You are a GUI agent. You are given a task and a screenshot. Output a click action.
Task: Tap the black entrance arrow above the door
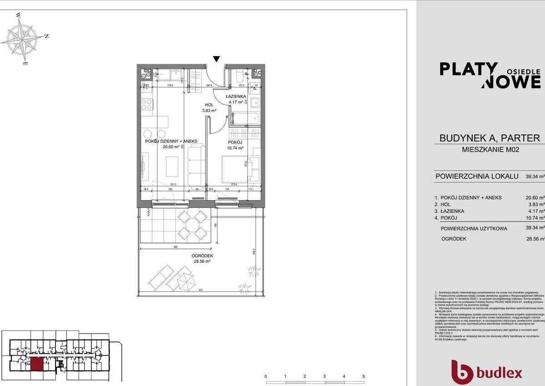pos(217,59)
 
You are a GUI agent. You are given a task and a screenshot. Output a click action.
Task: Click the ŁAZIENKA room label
pos(236,97)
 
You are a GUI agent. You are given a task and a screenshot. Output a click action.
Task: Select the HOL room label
pos(209,105)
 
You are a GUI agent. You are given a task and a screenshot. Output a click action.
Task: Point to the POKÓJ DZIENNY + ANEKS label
pos(171,141)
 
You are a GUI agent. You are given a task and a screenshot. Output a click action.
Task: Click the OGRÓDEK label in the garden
pos(202,256)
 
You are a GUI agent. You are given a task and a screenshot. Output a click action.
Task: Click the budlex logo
pos(486,372)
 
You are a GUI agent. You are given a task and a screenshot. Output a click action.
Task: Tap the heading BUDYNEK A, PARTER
pos(489,138)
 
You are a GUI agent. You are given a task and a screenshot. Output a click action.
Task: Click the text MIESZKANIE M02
pos(489,149)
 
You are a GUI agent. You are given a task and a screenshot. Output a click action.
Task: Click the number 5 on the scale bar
pos(363,377)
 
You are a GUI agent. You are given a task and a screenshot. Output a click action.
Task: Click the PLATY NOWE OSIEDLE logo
pos(489,75)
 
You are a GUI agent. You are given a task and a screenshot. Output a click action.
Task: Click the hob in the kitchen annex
pos(146,104)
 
